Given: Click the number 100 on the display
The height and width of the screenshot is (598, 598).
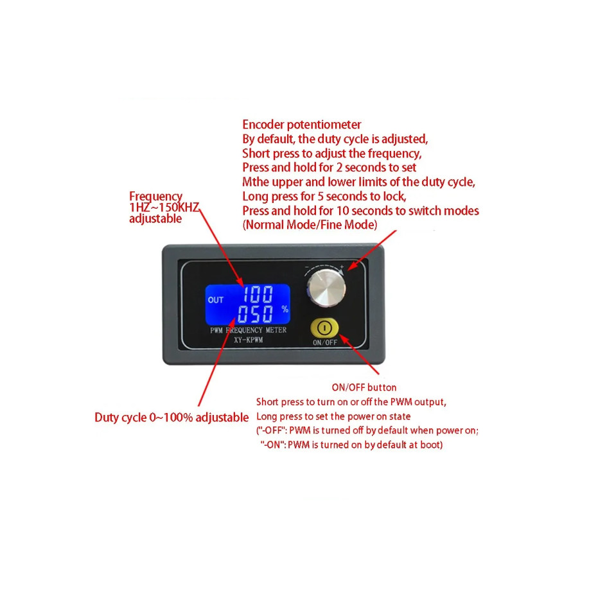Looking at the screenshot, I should [x=258, y=295].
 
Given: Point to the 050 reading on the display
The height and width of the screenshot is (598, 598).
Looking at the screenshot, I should [x=255, y=315].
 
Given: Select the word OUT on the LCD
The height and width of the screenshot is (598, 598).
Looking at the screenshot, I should [x=216, y=300].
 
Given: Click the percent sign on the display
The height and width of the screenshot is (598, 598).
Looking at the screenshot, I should [x=284, y=309].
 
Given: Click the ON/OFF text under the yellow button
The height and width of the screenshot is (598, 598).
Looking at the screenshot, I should [x=325, y=342].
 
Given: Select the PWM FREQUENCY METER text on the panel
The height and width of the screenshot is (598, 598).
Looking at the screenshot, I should [x=249, y=330].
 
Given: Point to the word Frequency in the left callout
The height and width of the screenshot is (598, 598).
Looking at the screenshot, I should [x=155, y=197].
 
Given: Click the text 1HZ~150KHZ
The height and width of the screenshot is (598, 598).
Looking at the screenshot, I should [x=164, y=207].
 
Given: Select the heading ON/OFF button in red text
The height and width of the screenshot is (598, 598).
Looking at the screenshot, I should [x=364, y=387].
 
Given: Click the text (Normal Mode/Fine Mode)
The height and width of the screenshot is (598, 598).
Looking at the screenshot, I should [x=310, y=225].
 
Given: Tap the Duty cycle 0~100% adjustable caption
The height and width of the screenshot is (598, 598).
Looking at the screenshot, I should [x=171, y=418].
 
